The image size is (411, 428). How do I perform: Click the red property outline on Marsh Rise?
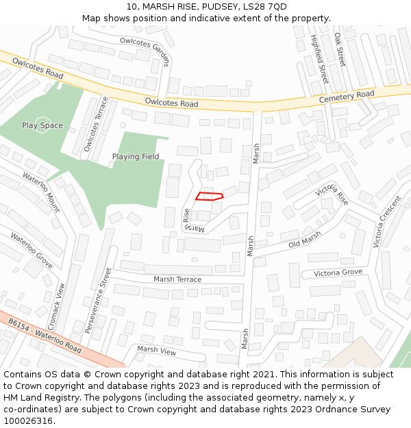coord(210,197)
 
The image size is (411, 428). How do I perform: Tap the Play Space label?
coord(42,125)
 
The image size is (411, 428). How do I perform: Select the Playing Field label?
coord(136,157)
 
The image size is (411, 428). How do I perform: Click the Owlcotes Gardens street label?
coord(145,51)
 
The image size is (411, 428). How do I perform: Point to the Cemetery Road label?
coord(347,98)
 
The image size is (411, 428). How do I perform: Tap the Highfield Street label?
coord(319,59)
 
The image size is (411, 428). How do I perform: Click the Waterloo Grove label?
coord(32,251)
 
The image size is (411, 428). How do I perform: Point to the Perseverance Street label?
coord(98,301)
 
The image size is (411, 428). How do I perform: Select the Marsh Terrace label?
coord(177,279)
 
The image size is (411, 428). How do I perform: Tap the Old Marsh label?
coord(304,240)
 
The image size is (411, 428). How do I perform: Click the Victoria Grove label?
coord(338,273)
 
